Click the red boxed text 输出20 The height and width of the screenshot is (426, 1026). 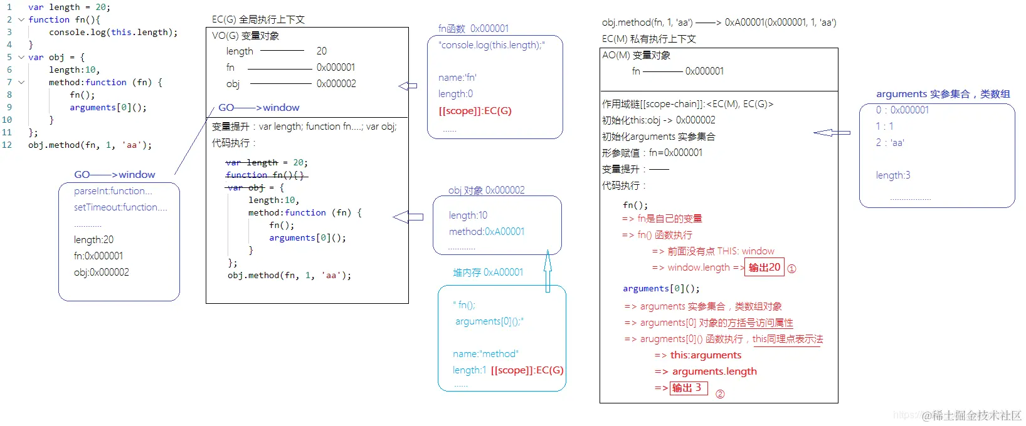click(764, 268)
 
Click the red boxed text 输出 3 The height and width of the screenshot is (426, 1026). click(688, 388)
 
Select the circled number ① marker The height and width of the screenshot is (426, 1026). click(791, 269)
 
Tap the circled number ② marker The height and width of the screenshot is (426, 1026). click(720, 394)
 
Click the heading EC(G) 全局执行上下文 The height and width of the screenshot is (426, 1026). click(258, 19)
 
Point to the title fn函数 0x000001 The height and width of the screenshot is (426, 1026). click(473, 28)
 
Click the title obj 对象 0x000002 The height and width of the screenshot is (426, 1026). click(486, 190)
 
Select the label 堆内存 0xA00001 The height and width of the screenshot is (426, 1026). click(487, 273)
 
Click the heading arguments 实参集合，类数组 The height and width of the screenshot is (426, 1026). click(943, 94)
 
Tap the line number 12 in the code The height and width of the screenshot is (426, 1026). click(7, 145)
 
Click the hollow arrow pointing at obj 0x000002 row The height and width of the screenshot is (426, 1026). click(408, 86)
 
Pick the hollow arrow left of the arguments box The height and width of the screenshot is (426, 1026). click(832, 133)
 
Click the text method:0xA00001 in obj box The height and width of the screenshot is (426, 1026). click(486, 232)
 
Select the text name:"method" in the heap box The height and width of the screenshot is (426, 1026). click(485, 354)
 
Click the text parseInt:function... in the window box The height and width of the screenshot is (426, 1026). click(113, 191)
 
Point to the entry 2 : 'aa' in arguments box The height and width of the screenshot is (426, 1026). click(890, 143)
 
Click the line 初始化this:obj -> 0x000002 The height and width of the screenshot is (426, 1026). click(658, 120)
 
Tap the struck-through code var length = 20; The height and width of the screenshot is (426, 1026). click(267, 163)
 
